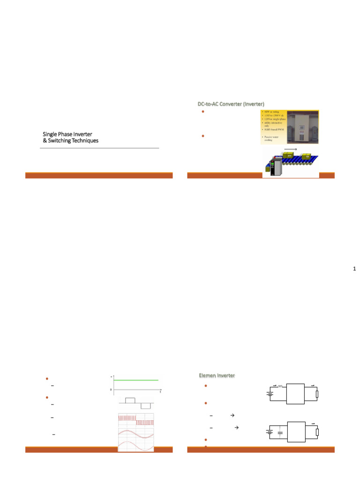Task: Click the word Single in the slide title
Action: (50, 134)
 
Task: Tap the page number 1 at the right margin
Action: (354, 269)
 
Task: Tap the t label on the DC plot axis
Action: (160, 391)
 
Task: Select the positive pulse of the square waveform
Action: (130, 400)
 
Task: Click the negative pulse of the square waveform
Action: (146, 405)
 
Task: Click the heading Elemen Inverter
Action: (217, 375)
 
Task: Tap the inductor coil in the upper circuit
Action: (280, 386)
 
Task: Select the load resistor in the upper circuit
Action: (317, 394)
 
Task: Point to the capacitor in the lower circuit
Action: (280, 432)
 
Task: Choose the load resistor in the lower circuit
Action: (317, 432)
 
